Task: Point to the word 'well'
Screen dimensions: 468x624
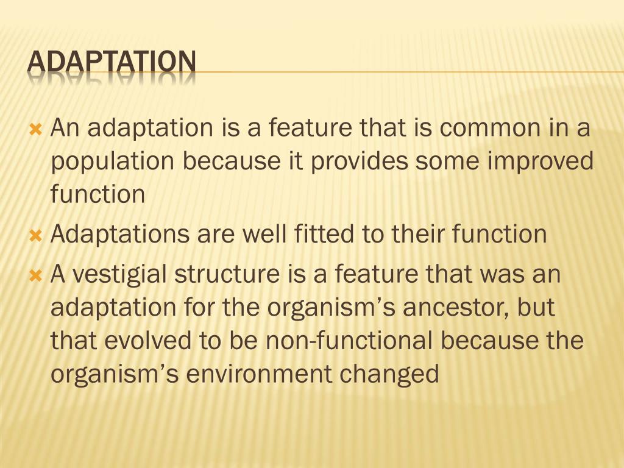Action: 272,234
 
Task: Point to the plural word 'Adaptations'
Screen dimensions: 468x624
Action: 119,234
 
